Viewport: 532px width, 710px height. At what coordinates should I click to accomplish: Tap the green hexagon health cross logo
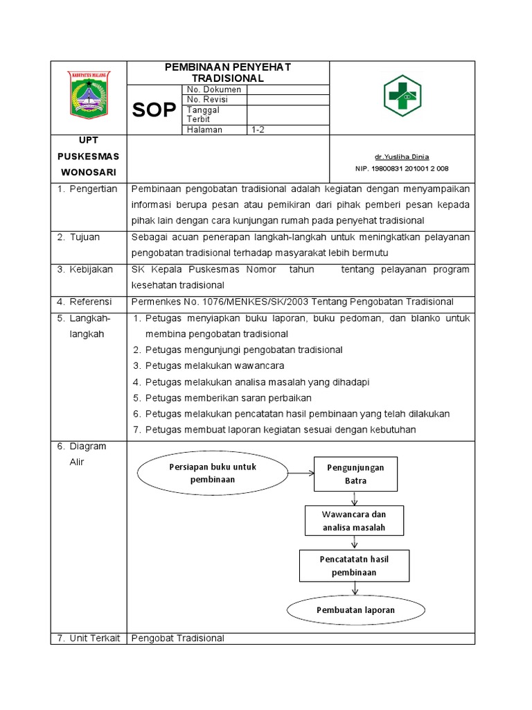(402, 95)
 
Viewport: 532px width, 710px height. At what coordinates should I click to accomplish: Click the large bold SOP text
(154, 110)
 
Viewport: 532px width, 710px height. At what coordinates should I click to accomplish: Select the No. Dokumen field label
(214, 89)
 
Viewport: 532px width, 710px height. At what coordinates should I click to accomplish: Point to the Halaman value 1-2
(258, 130)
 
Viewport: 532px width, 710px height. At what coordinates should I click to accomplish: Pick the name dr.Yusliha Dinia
(402, 157)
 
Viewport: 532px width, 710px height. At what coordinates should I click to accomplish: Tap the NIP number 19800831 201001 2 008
(402, 168)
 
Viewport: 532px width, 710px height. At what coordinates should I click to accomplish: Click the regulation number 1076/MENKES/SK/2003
(222, 302)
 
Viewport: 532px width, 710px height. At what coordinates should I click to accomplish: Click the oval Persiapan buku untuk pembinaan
(212, 474)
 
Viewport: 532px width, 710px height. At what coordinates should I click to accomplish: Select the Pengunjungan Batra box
(355, 474)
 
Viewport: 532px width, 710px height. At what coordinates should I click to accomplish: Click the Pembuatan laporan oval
(355, 610)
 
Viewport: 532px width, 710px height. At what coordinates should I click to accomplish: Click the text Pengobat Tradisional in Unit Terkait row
(178, 638)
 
